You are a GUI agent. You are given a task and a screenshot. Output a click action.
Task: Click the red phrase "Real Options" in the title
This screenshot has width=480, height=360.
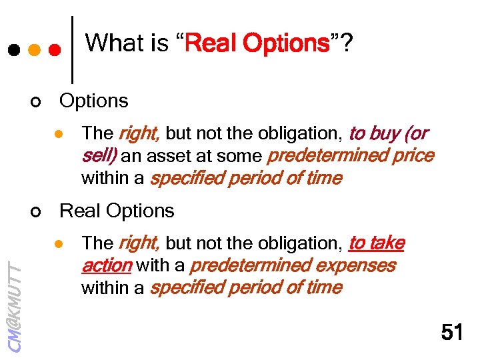(x=258, y=44)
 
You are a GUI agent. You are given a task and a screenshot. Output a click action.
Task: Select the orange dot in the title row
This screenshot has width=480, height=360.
(x=34, y=50)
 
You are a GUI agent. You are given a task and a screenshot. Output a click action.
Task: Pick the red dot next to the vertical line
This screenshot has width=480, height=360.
(x=55, y=50)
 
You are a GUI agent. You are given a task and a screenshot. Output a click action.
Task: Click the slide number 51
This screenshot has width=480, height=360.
(x=452, y=331)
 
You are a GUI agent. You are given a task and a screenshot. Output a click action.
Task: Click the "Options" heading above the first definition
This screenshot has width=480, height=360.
(x=94, y=101)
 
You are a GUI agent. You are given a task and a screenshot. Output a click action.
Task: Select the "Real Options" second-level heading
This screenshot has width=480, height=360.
(x=117, y=211)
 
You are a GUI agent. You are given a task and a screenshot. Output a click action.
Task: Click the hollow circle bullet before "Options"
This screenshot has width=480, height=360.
(x=37, y=102)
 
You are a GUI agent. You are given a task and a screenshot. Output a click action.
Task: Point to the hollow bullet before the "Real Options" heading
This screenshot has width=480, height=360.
(x=37, y=212)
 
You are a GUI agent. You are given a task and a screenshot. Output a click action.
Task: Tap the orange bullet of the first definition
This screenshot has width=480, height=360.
(x=59, y=134)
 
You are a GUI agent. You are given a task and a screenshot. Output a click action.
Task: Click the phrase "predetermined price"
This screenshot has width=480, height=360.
(x=350, y=156)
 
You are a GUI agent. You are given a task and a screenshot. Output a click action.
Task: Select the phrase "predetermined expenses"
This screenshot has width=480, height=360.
(x=293, y=266)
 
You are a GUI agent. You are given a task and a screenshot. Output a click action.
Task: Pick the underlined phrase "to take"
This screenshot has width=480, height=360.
(x=377, y=243)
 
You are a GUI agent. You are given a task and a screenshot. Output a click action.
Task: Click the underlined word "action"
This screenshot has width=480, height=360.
(x=106, y=266)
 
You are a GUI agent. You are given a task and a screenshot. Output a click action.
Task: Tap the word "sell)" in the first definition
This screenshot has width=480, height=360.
(x=99, y=156)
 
